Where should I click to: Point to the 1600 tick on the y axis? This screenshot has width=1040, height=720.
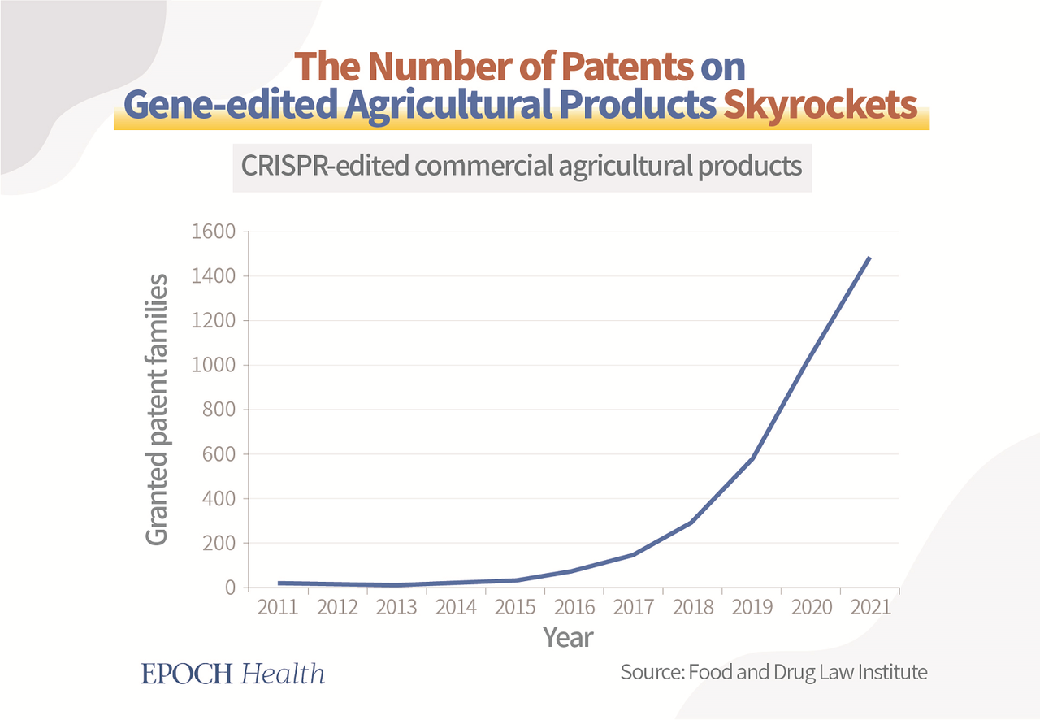213,232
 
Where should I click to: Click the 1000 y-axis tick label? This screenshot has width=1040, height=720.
213,366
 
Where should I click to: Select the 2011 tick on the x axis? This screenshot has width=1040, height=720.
278,607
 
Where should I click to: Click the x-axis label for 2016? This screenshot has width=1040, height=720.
574,607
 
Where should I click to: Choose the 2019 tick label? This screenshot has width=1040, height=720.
752,607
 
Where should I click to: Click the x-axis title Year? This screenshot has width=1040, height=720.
568,637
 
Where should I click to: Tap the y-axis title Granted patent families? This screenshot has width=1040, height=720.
158,410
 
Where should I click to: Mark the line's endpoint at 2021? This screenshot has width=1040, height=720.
869,258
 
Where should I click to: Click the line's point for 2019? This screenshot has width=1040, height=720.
752,459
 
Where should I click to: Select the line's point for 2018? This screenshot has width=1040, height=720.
692,522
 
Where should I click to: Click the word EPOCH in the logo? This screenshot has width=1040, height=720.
187,674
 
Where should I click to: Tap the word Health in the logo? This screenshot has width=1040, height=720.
284,674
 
